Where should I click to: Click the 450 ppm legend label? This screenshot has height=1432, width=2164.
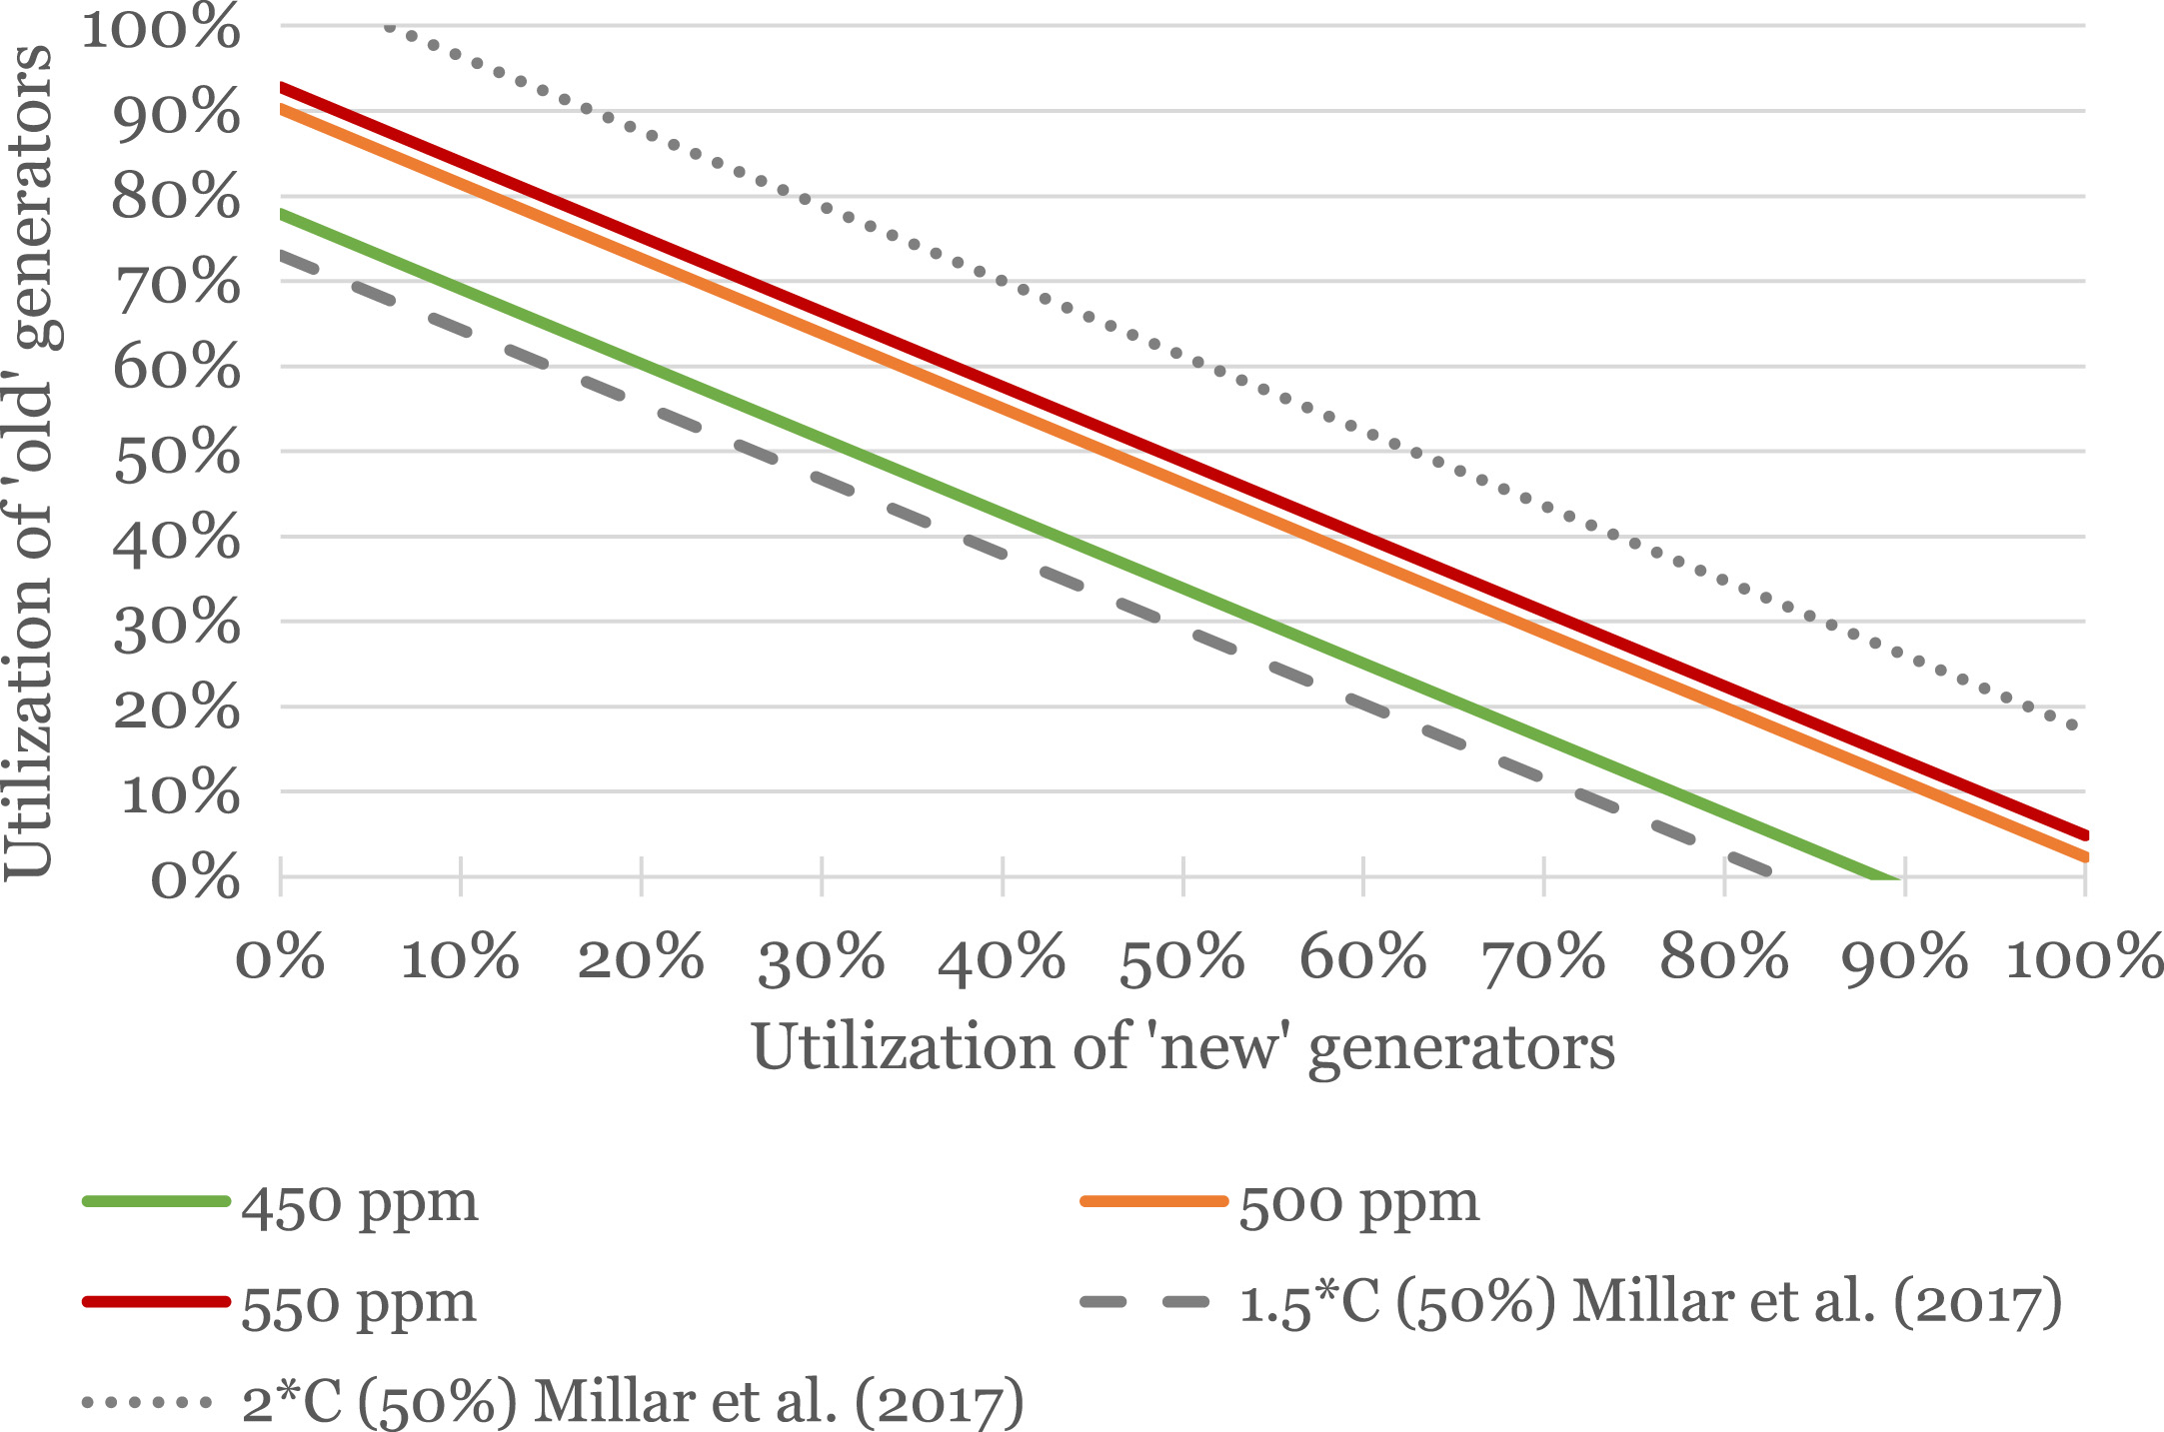click(x=360, y=1204)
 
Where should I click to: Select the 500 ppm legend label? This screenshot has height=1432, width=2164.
click(x=1358, y=1204)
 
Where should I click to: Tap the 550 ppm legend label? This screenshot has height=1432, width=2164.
click(x=359, y=1304)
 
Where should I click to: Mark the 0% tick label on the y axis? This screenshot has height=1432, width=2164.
click(x=196, y=879)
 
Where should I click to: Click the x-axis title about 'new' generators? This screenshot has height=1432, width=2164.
click(x=1182, y=1047)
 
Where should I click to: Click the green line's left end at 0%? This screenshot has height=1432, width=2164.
click(x=283, y=213)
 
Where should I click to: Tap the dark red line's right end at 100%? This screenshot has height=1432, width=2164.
click(x=2083, y=834)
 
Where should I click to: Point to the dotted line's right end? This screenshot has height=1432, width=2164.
click(x=2079, y=725)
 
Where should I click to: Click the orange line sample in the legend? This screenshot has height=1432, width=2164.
click(x=1154, y=1201)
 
